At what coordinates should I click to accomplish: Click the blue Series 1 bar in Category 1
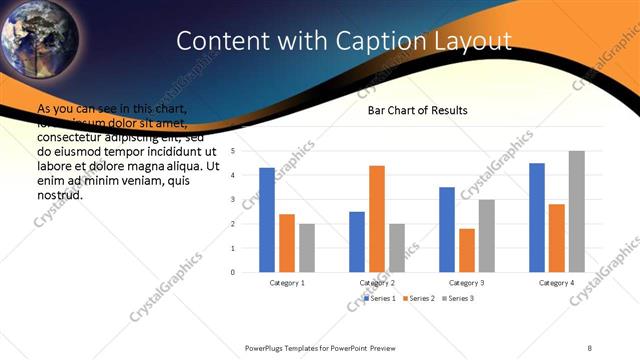(267, 220)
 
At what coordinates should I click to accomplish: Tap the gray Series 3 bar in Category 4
(577, 212)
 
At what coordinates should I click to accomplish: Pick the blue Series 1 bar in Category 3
(447, 230)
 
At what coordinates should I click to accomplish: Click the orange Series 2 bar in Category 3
(467, 250)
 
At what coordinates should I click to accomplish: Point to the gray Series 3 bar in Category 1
(307, 248)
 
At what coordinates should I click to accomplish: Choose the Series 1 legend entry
(380, 298)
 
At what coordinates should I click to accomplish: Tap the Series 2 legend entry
(419, 298)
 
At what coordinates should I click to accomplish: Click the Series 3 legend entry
(458, 298)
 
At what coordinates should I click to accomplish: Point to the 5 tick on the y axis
(233, 151)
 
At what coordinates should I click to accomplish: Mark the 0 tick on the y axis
(233, 272)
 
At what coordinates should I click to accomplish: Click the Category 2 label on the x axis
(377, 283)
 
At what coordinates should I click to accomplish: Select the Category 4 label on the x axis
(557, 283)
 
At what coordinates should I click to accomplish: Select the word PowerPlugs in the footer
(267, 347)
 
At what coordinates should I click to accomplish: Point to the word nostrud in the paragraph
(59, 194)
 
